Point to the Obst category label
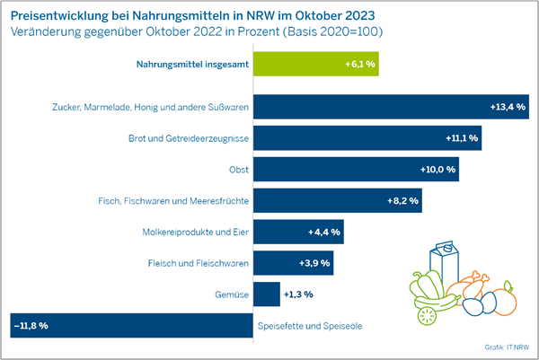(236, 169)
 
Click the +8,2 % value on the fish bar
(398, 200)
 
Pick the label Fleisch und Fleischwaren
(198, 263)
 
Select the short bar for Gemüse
(267, 294)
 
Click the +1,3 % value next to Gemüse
(298, 294)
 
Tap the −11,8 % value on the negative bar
(31, 325)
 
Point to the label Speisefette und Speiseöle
(310, 325)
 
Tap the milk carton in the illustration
(446, 265)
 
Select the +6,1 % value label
(360, 66)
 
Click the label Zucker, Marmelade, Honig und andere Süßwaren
(146, 107)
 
